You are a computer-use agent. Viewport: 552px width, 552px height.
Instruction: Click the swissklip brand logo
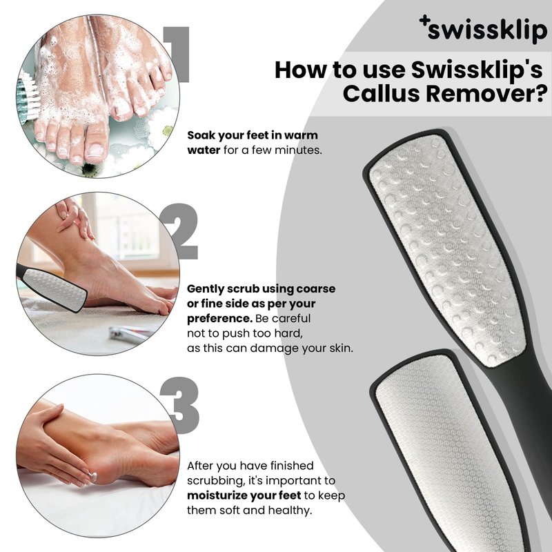click(x=483, y=28)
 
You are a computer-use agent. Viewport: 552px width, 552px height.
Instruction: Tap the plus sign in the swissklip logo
click(x=424, y=21)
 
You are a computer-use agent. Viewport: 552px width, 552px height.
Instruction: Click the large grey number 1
click(x=176, y=55)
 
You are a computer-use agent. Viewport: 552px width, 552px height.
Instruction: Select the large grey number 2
click(x=179, y=232)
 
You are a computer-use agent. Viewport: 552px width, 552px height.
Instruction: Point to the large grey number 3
click(x=180, y=405)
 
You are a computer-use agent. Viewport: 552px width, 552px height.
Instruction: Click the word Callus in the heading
click(x=381, y=94)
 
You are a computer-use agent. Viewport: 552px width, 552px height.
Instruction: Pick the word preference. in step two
click(x=219, y=319)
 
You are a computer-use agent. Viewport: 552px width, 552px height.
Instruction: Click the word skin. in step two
click(x=341, y=348)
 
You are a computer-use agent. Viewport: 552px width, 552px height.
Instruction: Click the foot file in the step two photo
click(x=52, y=288)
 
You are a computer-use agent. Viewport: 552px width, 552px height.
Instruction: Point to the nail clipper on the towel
click(x=131, y=333)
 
